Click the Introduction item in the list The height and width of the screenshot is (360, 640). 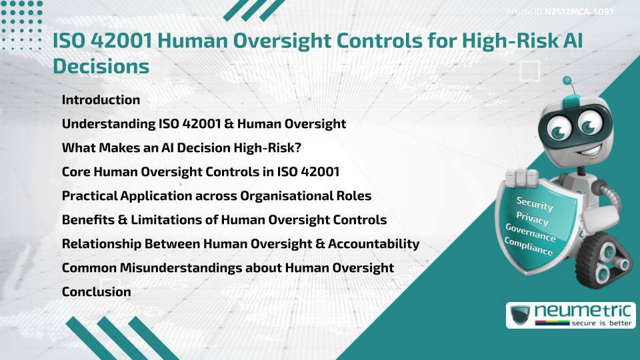(101, 100)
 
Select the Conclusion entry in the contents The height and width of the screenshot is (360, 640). (96, 292)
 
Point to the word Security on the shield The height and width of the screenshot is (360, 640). (535, 203)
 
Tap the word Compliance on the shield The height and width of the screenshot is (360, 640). (529, 247)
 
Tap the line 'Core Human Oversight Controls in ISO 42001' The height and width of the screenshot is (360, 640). (201, 172)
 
